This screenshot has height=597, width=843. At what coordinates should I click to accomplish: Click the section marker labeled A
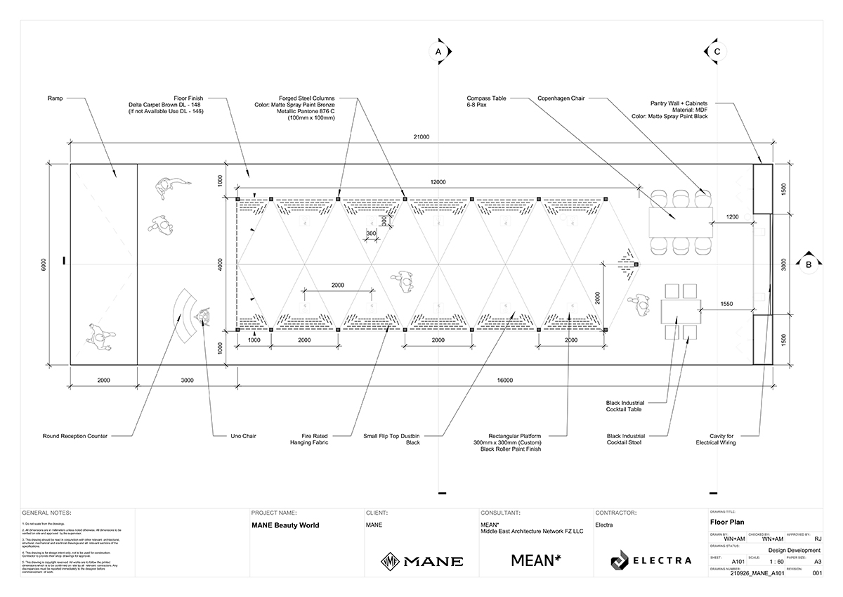(x=438, y=52)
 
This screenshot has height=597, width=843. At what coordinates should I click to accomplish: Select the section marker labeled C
(x=717, y=52)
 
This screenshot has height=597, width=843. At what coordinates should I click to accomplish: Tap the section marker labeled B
(x=809, y=264)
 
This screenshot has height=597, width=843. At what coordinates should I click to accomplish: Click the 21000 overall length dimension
(x=422, y=137)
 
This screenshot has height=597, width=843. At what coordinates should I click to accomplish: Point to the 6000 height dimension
(x=43, y=265)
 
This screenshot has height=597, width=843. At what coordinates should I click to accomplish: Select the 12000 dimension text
(x=438, y=181)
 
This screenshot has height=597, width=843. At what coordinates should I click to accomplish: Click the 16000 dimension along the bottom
(x=504, y=380)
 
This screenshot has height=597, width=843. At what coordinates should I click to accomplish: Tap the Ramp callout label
(x=56, y=98)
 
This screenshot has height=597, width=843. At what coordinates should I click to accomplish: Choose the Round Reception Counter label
(x=75, y=436)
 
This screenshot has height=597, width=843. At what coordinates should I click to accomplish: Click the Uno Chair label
(x=243, y=436)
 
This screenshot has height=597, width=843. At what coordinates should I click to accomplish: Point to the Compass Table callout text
(x=486, y=102)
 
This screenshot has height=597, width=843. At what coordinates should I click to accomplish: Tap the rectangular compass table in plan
(x=681, y=222)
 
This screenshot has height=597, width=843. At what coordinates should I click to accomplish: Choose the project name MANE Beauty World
(x=285, y=525)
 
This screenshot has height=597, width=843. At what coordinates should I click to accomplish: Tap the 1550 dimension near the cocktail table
(x=728, y=303)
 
